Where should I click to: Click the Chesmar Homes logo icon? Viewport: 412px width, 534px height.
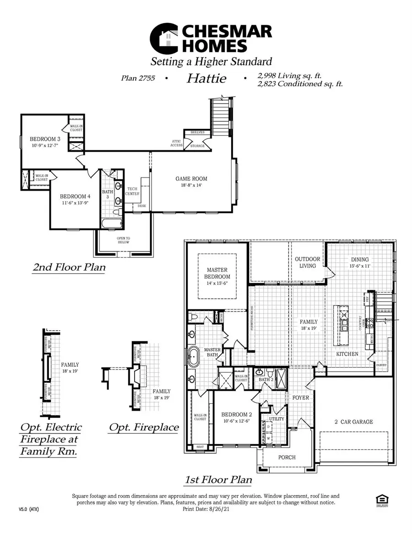pos(164,39)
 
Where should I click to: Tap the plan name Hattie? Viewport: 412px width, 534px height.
pos(206,78)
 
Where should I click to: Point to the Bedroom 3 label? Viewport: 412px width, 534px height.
pos(44,139)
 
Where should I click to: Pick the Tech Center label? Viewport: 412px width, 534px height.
pos(133,191)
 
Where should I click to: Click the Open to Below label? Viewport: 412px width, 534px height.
pos(123,240)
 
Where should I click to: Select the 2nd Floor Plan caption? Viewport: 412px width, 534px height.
pos(69,268)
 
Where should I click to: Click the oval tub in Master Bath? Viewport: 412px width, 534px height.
pos(191,355)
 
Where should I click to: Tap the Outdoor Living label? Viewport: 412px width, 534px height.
pos(307,262)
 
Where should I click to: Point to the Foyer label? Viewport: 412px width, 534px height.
pos(301,398)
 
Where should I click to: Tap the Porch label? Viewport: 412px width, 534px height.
pos(287,457)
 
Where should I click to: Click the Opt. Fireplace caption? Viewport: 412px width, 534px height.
pos(143,427)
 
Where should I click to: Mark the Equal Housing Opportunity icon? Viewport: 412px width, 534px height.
pos(379,500)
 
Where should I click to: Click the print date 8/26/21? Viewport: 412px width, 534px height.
pos(217,508)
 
